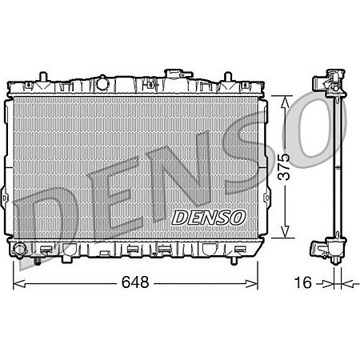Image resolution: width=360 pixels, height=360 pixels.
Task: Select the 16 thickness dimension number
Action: pos(302,282)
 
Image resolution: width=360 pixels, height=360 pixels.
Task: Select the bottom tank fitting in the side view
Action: pos(327,251)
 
